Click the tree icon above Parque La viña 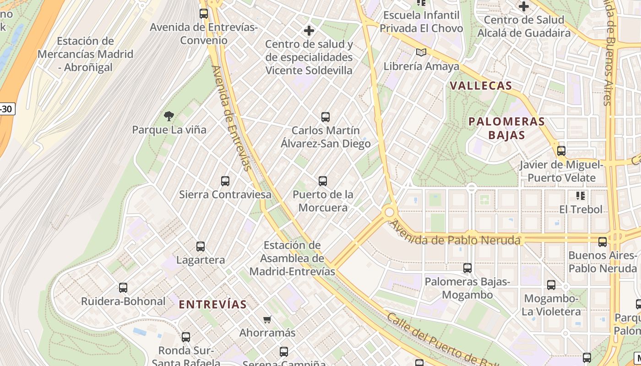click(169, 116)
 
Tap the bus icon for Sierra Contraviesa click(225, 181)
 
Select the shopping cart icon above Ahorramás click(267, 319)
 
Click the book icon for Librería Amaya click(421, 53)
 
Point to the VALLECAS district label click(481, 86)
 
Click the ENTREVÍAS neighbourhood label click(212, 304)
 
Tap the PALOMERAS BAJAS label click(507, 128)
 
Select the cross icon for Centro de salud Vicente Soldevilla click(309, 31)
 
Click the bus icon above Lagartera click(201, 247)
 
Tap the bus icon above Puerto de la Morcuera click(323, 181)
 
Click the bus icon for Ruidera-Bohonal click(123, 288)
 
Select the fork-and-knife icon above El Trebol click(581, 196)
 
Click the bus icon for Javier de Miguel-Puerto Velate click(561, 151)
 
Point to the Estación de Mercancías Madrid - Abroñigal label click(85, 54)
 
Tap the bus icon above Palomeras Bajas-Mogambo click(467, 268)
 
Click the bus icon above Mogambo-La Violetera click(551, 285)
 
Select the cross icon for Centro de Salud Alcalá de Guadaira click(524, 6)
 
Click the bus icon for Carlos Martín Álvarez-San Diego click(326, 117)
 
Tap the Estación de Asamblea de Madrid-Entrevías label click(299, 258)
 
